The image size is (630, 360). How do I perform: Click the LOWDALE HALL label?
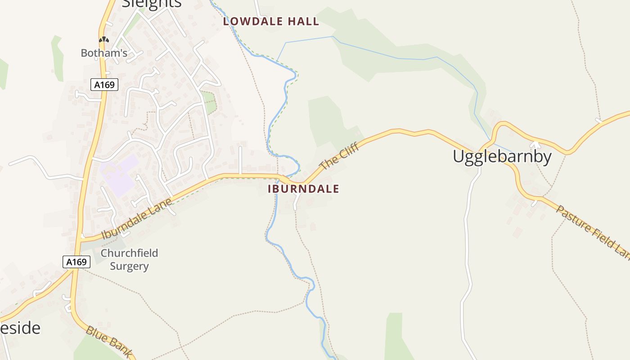click(x=271, y=21)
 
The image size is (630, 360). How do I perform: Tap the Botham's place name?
click(x=104, y=53)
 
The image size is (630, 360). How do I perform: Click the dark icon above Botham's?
click(x=104, y=40)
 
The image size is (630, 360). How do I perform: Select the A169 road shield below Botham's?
click(x=104, y=85)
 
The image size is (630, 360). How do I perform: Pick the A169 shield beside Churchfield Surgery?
click(x=76, y=262)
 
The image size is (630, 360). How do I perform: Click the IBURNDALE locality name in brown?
click(x=303, y=189)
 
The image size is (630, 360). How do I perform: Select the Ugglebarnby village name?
click(x=502, y=157)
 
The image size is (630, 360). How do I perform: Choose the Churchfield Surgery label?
click(x=129, y=260)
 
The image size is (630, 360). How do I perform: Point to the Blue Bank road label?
click(x=109, y=341)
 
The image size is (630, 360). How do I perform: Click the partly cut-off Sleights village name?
click(x=152, y=4)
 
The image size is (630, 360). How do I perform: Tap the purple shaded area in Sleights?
click(x=118, y=175)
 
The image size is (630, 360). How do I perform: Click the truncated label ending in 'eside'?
click(x=20, y=328)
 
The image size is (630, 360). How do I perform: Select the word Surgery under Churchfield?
click(x=129, y=266)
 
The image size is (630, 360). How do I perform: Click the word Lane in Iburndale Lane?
click(x=161, y=207)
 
